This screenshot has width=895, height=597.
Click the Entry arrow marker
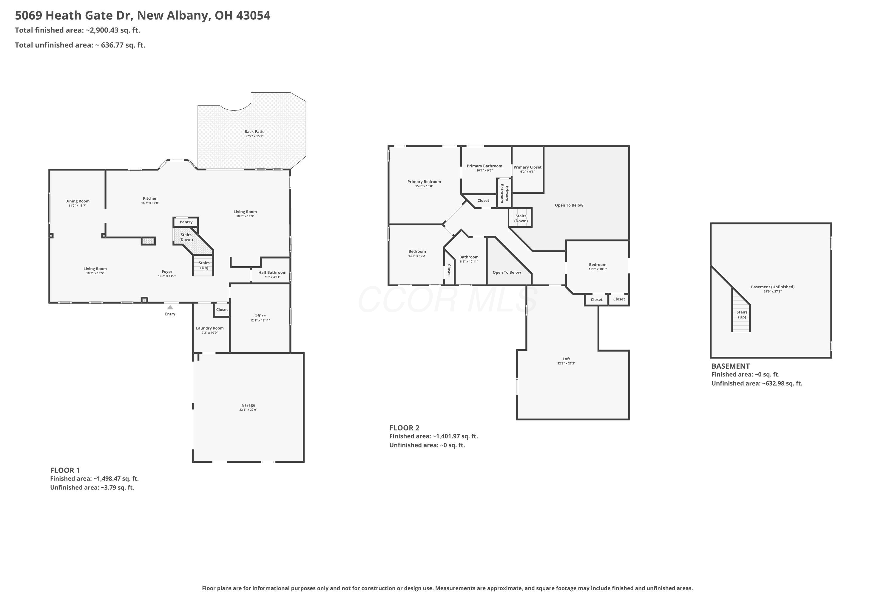(x=170, y=307)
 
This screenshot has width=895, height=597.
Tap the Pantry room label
(x=186, y=222)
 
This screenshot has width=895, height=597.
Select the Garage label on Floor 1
(x=248, y=405)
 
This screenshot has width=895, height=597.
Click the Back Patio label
(x=254, y=132)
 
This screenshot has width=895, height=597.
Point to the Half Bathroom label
(x=272, y=273)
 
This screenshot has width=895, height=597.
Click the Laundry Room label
(x=210, y=328)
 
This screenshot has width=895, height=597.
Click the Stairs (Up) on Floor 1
(x=204, y=265)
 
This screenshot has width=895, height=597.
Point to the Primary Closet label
(x=527, y=167)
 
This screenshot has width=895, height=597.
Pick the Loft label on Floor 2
(x=566, y=359)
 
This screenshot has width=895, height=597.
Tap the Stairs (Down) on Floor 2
(x=521, y=219)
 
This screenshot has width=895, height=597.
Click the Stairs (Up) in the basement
(x=742, y=315)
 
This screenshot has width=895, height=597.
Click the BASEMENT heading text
(x=731, y=366)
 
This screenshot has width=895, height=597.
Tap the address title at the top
(x=143, y=16)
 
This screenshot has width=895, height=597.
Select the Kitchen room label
(x=150, y=199)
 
